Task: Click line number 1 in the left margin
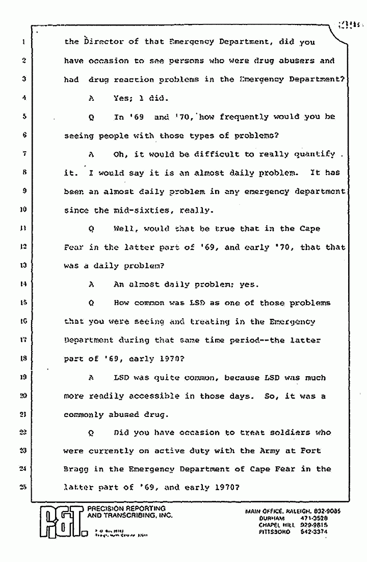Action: coord(23,42)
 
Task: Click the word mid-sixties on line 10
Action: coord(135,210)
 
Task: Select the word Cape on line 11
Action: coord(310,229)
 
